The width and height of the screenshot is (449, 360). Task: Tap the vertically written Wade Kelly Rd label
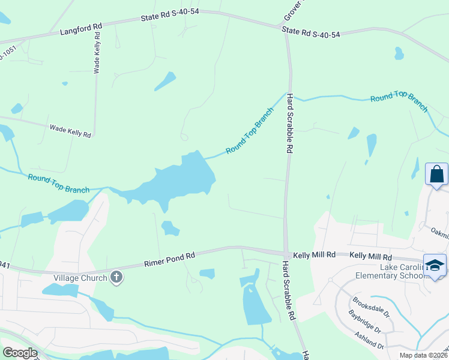click(96, 53)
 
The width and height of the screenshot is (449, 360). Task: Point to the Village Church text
click(80, 277)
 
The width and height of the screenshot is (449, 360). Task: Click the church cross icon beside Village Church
click(116, 277)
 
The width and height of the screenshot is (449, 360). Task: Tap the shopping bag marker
click(436, 175)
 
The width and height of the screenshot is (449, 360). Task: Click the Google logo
click(20, 353)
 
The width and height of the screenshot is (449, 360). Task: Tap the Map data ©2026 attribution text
click(423, 355)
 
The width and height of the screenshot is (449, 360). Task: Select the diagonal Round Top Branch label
click(249, 130)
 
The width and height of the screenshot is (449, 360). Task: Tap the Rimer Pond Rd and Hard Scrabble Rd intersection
click(286, 254)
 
